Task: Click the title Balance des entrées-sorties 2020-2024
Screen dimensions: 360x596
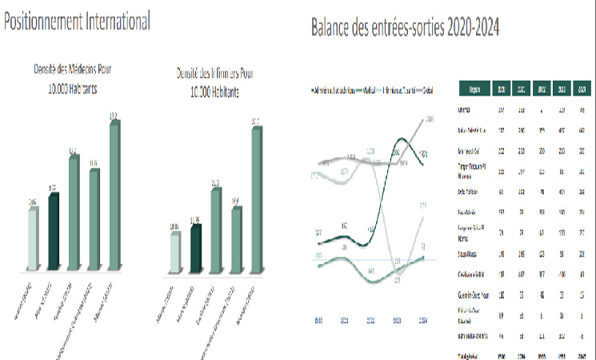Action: click(x=406, y=28)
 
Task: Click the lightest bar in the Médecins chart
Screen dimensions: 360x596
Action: click(x=33, y=237)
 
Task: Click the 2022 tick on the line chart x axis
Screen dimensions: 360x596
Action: click(x=370, y=318)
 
